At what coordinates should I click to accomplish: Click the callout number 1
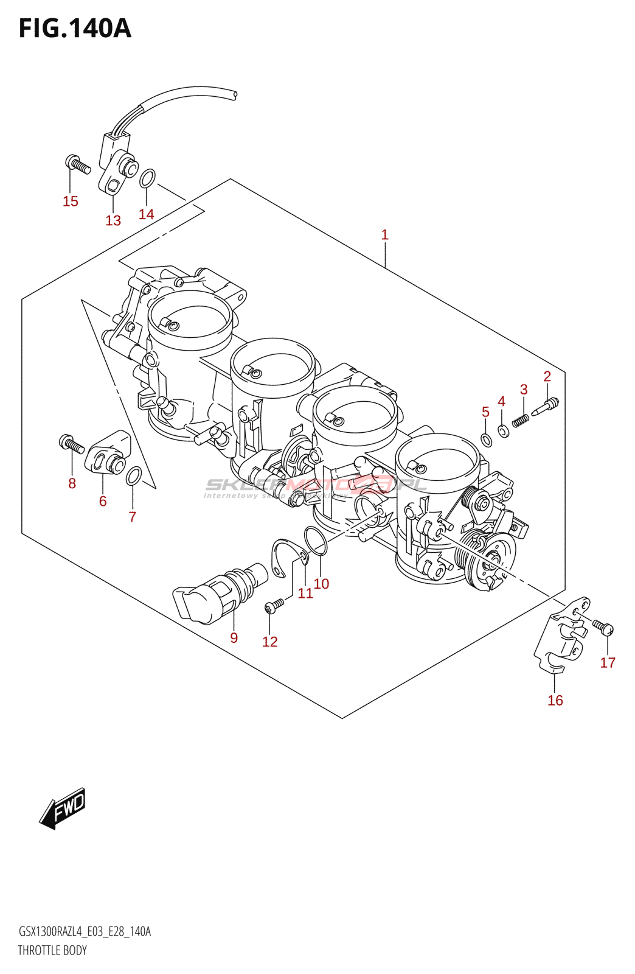click(384, 234)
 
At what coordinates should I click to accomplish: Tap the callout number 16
click(555, 700)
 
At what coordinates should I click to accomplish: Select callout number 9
click(234, 637)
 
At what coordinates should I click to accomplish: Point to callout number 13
click(113, 220)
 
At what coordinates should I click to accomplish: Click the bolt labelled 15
click(77, 164)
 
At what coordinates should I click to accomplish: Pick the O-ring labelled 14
click(147, 179)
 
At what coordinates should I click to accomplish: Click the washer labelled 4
click(503, 431)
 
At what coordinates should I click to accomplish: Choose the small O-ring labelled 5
click(486, 440)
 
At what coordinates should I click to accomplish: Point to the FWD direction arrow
click(63, 810)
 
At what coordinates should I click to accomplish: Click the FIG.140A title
click(75, 28)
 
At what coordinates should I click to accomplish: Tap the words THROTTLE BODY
click(52, 950)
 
